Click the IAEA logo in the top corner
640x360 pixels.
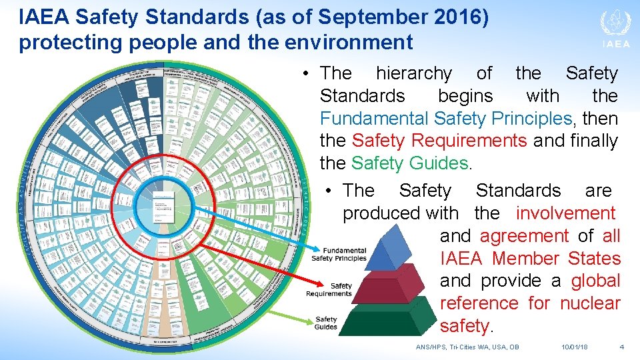tap(615, 29)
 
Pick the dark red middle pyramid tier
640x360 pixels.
tap(393, 285)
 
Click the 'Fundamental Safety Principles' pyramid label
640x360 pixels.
tap(339, 254)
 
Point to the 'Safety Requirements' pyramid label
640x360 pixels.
tap(329, 289)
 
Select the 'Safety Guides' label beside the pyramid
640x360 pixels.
tap(326, 323)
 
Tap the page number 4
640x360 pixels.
tap(621, 347)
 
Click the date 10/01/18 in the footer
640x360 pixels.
tap(575, 347)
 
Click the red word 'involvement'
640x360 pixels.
tap(565, 213)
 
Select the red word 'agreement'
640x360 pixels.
tap(524, 236)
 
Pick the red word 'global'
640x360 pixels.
tap(595, 281)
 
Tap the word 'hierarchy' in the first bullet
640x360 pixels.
tap(413, 73)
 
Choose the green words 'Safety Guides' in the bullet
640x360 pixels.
tap(409, 163)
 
